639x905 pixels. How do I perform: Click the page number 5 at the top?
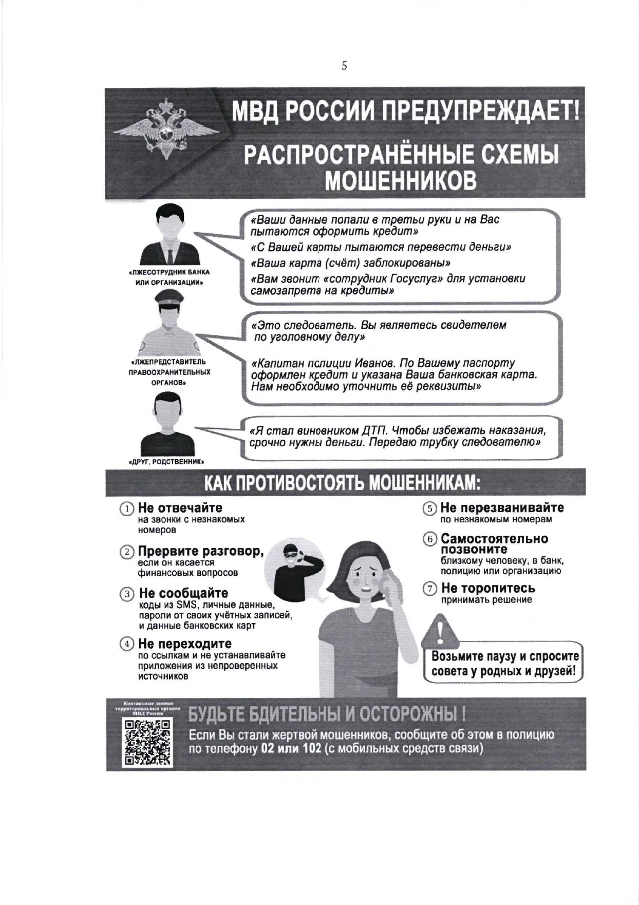[344, 66]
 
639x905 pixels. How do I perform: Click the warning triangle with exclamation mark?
[439, 630]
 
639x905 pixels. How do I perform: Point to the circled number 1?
[127, 510]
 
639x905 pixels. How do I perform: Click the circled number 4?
[127, 644]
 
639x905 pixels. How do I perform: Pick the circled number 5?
[430, 509]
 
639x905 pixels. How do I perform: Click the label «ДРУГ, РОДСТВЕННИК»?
[166, 461]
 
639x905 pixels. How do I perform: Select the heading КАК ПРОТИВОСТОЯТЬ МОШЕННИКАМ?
[342, 484]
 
